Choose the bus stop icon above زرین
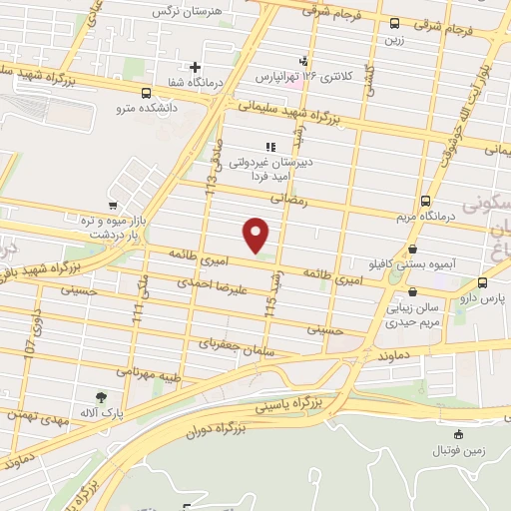[395, 23]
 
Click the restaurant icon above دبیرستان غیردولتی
[268, 146]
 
